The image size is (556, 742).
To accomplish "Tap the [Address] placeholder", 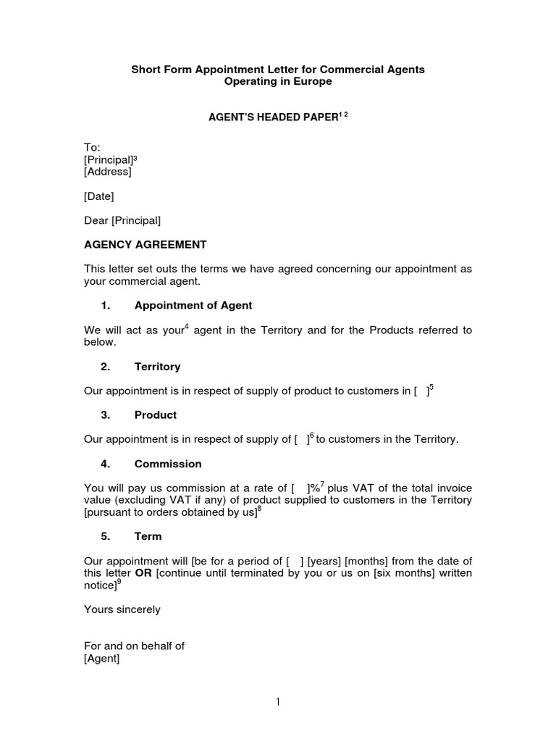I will pos(108,172).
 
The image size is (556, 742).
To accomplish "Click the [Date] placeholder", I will pos(99,196).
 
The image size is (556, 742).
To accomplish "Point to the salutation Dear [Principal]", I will pos(122,220).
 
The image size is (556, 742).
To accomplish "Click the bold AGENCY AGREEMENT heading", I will pos(146,245).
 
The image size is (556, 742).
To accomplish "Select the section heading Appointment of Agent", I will pos(193,306).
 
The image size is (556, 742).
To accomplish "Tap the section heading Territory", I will pos(157,367).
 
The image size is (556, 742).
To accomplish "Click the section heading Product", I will pos(155,415).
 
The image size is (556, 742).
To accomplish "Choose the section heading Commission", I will pos(168,464).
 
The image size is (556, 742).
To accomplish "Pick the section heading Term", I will pos(148,537).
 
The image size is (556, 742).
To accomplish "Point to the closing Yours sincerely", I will pos(122,610).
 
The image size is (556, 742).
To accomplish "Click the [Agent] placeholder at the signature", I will pos(102,659).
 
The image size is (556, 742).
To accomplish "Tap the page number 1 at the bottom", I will pos(278,702).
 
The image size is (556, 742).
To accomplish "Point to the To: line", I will pos(92,147).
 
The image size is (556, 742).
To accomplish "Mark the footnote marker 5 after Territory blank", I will pos(431,387).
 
